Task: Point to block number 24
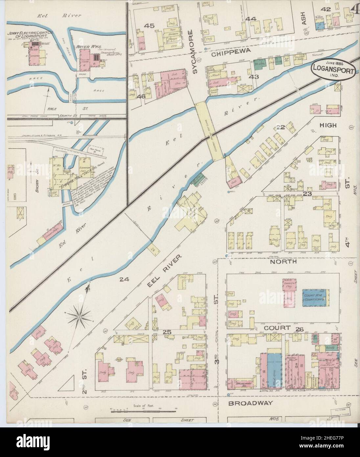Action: pyautogui.click(x=124, y=280)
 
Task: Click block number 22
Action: pyautogui.click(x=280, y=127)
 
